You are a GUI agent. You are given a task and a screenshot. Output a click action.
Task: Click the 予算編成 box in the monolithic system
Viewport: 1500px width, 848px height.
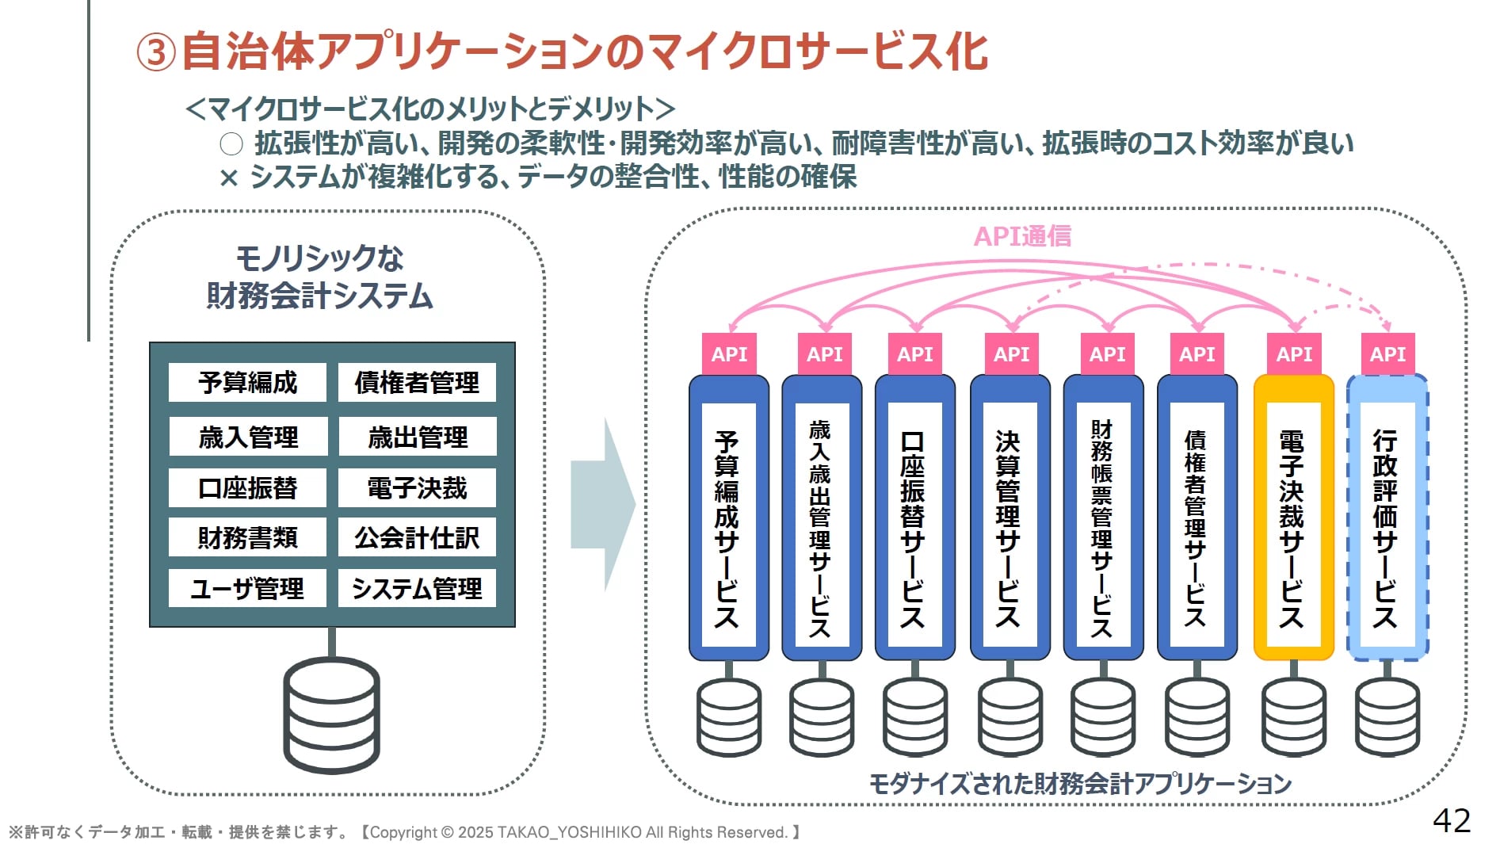pyautogui.click(x=247, y=383)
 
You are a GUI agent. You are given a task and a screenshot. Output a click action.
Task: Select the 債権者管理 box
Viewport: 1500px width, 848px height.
pyautogui.click(x=417, y=383)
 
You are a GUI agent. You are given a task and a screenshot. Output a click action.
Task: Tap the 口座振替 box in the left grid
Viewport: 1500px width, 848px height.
pyautogui.click(x=247, y=487)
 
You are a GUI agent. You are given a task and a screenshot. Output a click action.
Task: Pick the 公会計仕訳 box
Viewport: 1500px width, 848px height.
pyautogui.click(x=417, y=538)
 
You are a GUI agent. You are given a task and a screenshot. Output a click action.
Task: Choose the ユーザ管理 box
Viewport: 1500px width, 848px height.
pyautogui.click(x=247, y=588)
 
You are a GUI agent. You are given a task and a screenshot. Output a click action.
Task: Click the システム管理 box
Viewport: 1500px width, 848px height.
pyautogui.click(x=417, y=588)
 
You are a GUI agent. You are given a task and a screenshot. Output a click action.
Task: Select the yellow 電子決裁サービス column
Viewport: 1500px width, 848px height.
pyautogui.click(x=1293, y=517)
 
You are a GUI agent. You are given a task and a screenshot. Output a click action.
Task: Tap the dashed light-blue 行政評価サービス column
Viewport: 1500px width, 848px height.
pyautogui.click(x=1387, y=517)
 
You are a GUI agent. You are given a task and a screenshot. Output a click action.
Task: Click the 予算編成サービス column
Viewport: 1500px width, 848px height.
pyautogui.click(x=728, y=517)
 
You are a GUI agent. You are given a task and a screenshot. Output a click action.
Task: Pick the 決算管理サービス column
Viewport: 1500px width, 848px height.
pyautogui.click(x=1009, y=517)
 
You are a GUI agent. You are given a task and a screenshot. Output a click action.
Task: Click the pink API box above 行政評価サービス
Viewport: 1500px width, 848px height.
pyautogui.click(x=1387, y=354)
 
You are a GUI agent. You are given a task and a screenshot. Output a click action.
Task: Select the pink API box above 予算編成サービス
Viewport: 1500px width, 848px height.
pyautogui.click(x=729, y=354)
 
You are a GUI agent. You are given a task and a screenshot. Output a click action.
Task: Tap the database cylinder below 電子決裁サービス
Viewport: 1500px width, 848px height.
pyautogui.click(x=1293, y=717)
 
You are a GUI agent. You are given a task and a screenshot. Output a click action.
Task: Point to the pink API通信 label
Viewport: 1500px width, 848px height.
pyautogui.click(x=1022, y=236)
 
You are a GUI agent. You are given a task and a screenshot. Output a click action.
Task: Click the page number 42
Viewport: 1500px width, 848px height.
pyautogui.click(x=1452, y=820)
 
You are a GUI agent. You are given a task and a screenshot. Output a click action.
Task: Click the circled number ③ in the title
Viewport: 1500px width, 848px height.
pyautogui.click(x=156, y=53)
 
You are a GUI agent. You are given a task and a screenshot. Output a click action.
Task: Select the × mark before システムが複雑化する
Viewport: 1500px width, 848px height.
pyautogui.click(x=229, y=178)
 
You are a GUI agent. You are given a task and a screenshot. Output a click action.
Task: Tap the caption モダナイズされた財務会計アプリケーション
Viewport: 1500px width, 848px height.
pyautogui.click(x=1080, y=784)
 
